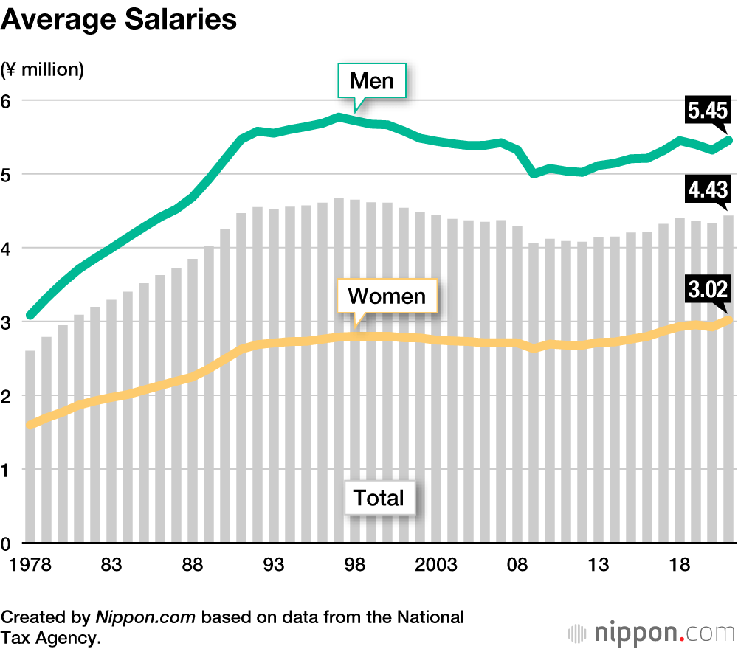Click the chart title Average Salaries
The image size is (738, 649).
[x=119, y=20]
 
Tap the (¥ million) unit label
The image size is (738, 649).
[x=43, y=70]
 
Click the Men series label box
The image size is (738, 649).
[x=372, y=80]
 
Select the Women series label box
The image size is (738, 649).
[x=387, y=296]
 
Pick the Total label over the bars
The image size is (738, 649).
[x=379, y=497]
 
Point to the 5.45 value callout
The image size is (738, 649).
[x=708, y=111]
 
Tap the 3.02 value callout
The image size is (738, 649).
[x=708, y=290]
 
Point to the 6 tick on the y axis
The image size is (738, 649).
[x=7, y=101]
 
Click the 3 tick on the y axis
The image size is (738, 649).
[x=7, y=322]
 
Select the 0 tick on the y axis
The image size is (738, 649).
[x=7, y=544]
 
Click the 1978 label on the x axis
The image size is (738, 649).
[x=30, y=566]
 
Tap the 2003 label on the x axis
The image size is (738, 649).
[x=437, y=566]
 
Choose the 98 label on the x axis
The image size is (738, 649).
[x=355, y=566]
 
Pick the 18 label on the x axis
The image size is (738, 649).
[x=680, y=566]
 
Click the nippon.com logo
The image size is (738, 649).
[x=651, y=632]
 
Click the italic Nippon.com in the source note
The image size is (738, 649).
[x=145, y=617]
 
